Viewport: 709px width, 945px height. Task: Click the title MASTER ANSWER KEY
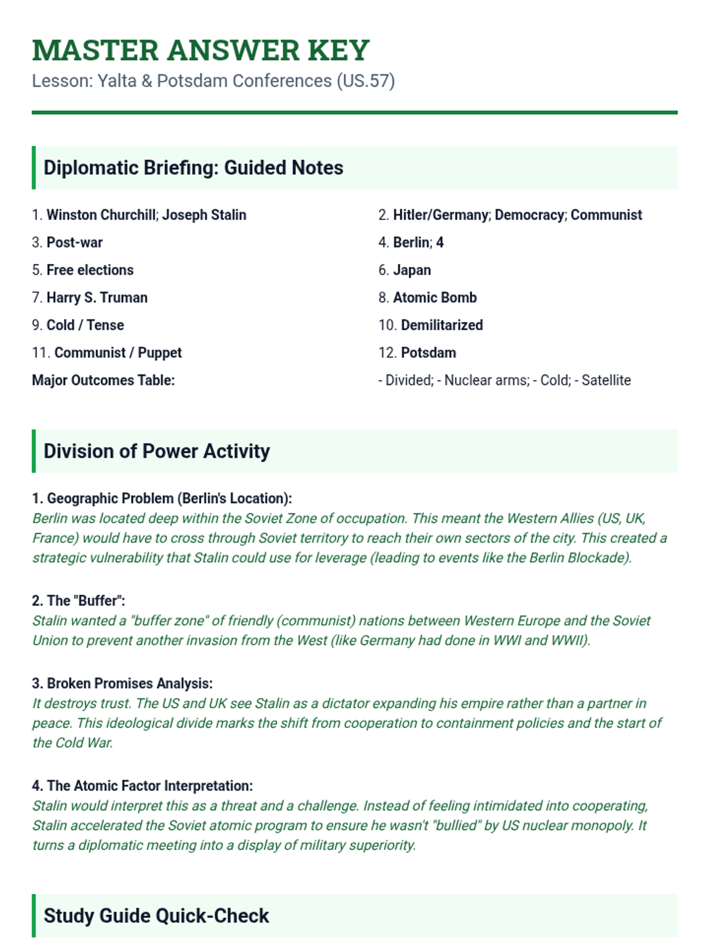(x=201, y=50)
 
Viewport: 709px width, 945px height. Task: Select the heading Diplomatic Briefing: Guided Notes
(x=193, y=168)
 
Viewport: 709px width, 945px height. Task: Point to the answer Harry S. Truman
(x=97, y=298)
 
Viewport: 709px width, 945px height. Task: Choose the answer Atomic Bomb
(x=435, y=298)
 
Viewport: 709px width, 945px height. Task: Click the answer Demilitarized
(x=442, y=325)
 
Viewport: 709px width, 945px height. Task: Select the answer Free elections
(x=90, y=270)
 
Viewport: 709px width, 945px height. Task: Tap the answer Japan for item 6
(x=412, y=270)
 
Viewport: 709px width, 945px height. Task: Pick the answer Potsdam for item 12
(x=428, y=353)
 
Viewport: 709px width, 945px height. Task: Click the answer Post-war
(x=74, y=243)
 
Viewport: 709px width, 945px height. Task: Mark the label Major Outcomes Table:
(x=103, y=380)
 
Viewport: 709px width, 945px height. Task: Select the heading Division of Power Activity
(x=157, y=451)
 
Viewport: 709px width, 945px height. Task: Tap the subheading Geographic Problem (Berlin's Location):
(x=169, y=498)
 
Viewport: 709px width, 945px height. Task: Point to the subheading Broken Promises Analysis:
(x=129, y=683)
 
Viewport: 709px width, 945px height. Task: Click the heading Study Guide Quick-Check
(x=156, y=915)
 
